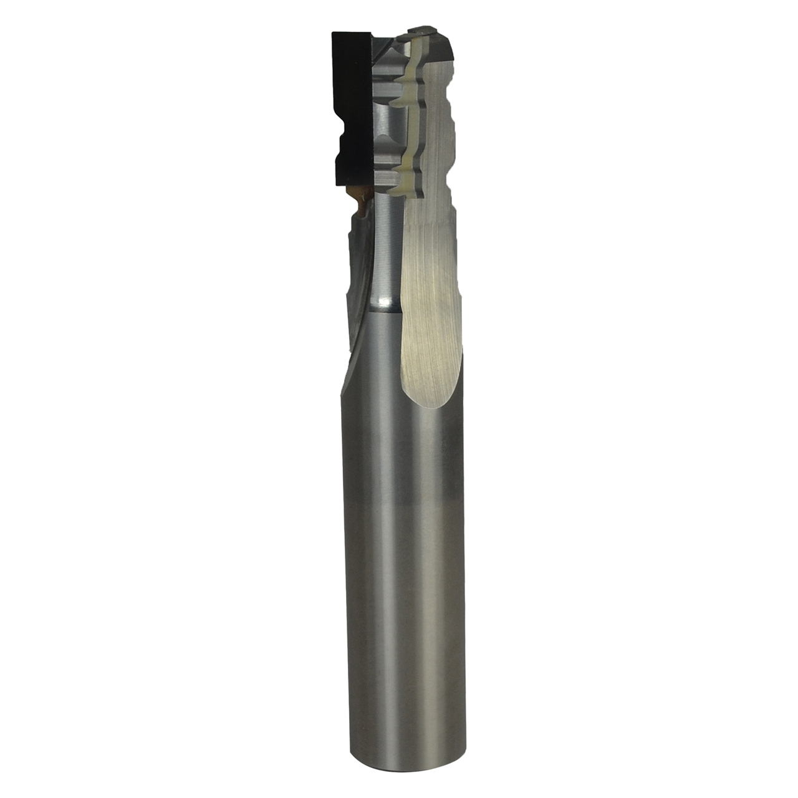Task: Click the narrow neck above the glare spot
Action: tap(387, 249)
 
